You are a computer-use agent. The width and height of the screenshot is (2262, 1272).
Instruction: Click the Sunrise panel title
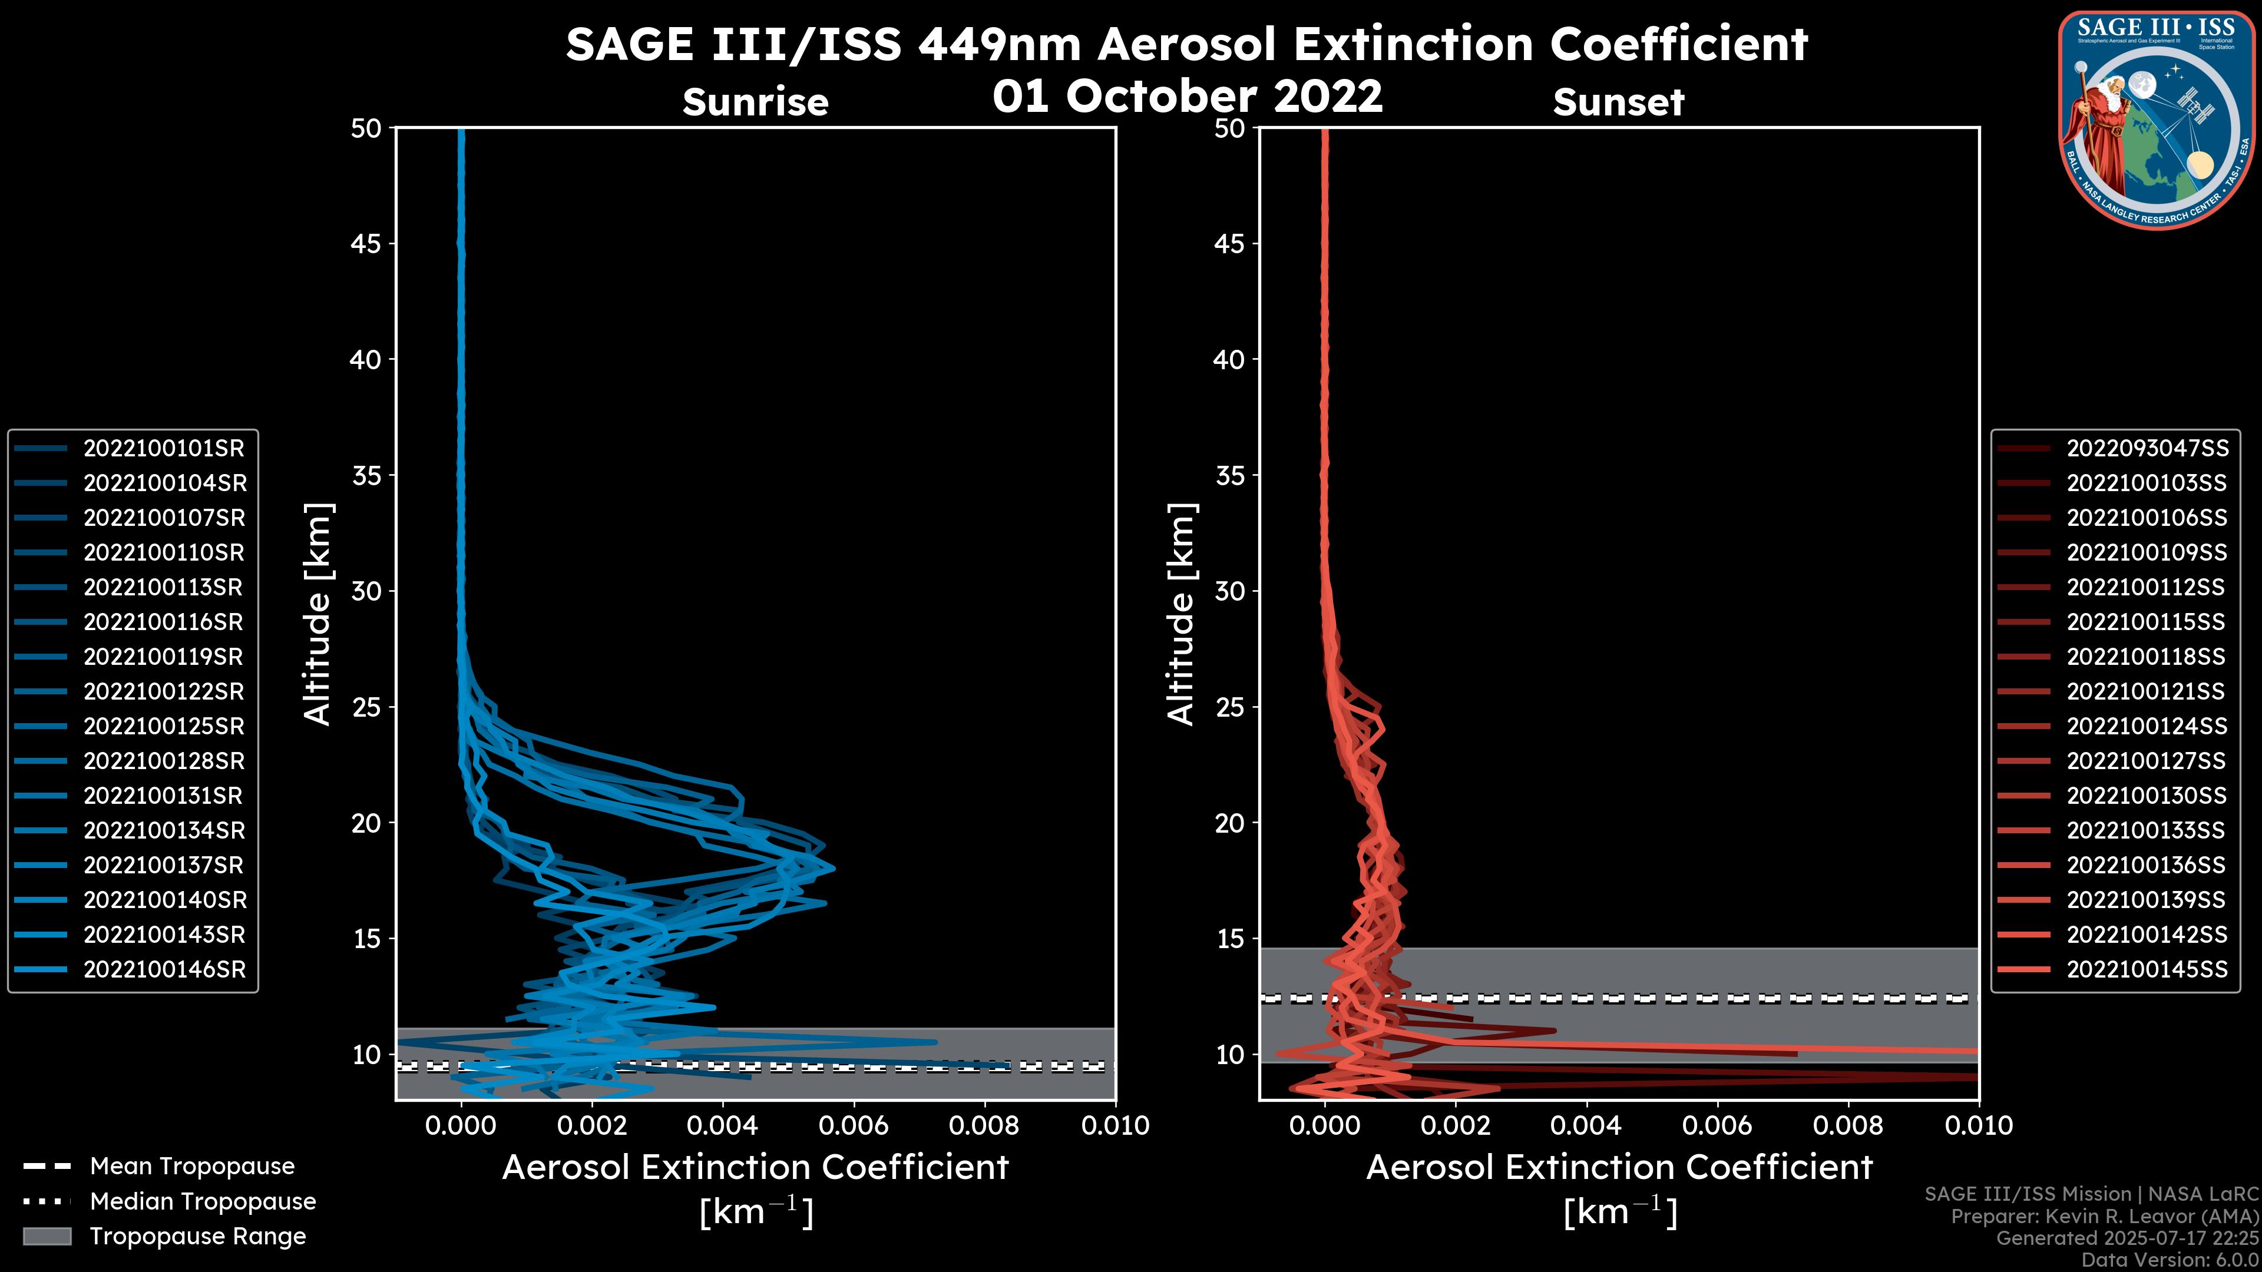tap(755, 102)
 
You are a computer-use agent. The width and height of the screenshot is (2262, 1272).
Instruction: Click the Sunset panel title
tap(1618, 102)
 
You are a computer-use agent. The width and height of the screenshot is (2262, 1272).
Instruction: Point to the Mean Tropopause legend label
tap(192, 1167)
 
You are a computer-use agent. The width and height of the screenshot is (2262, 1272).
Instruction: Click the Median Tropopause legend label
tap(203, 1202)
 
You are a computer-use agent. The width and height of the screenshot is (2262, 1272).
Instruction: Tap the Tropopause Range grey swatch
tap(47, 1237)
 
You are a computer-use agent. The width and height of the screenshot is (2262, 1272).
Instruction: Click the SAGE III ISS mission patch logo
tap(2157, 120)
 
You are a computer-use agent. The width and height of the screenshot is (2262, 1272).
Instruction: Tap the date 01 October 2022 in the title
tap(1187, 97)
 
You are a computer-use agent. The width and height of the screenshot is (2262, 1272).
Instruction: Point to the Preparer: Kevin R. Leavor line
tap(2105, 1217)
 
